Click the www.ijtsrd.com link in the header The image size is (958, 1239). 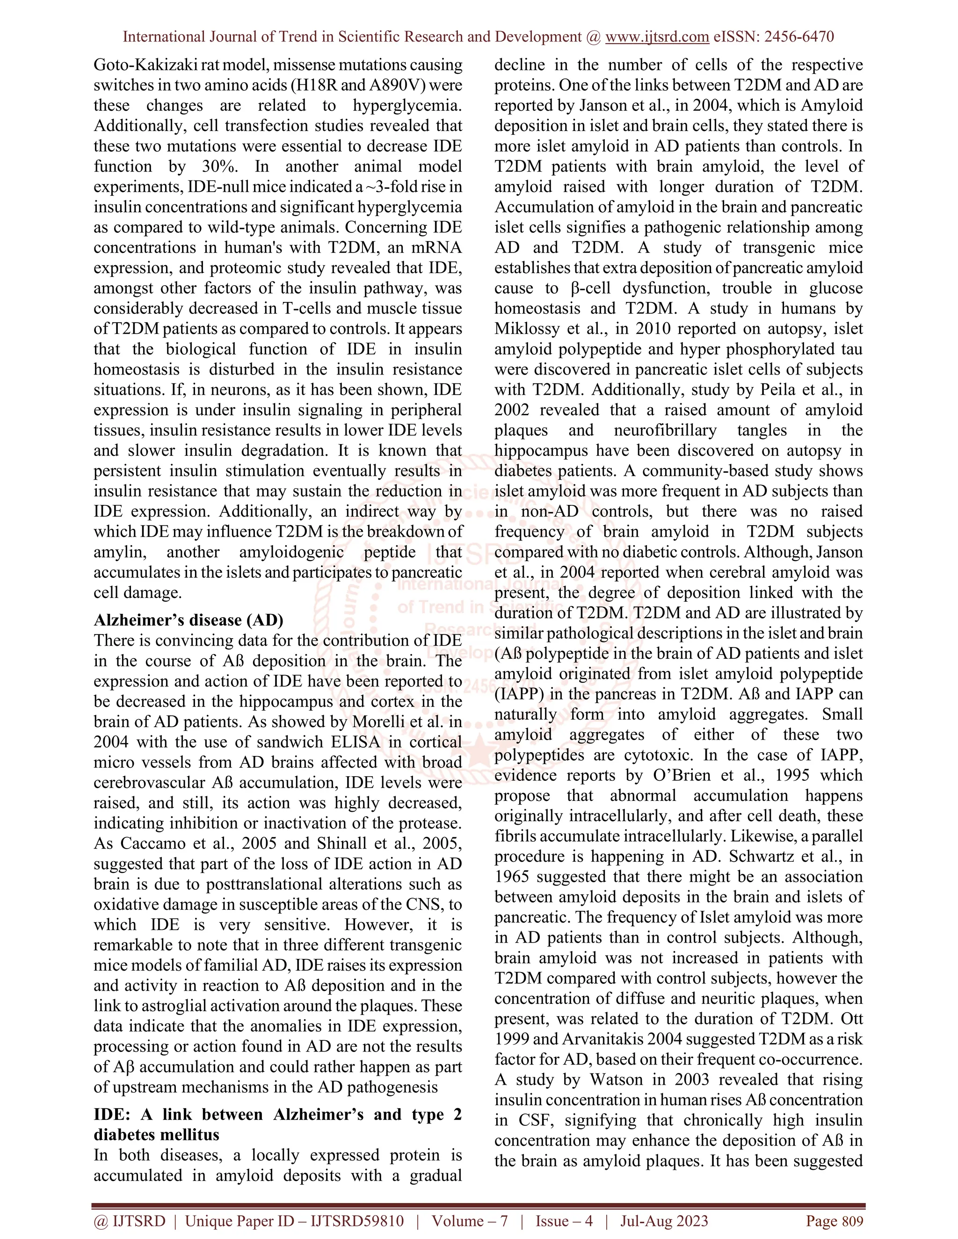tap(657, 37)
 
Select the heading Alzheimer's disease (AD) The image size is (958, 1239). tap(189, 619)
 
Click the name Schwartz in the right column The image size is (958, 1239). tap(762, 856)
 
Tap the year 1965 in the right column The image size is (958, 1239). tap(511, 877)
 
